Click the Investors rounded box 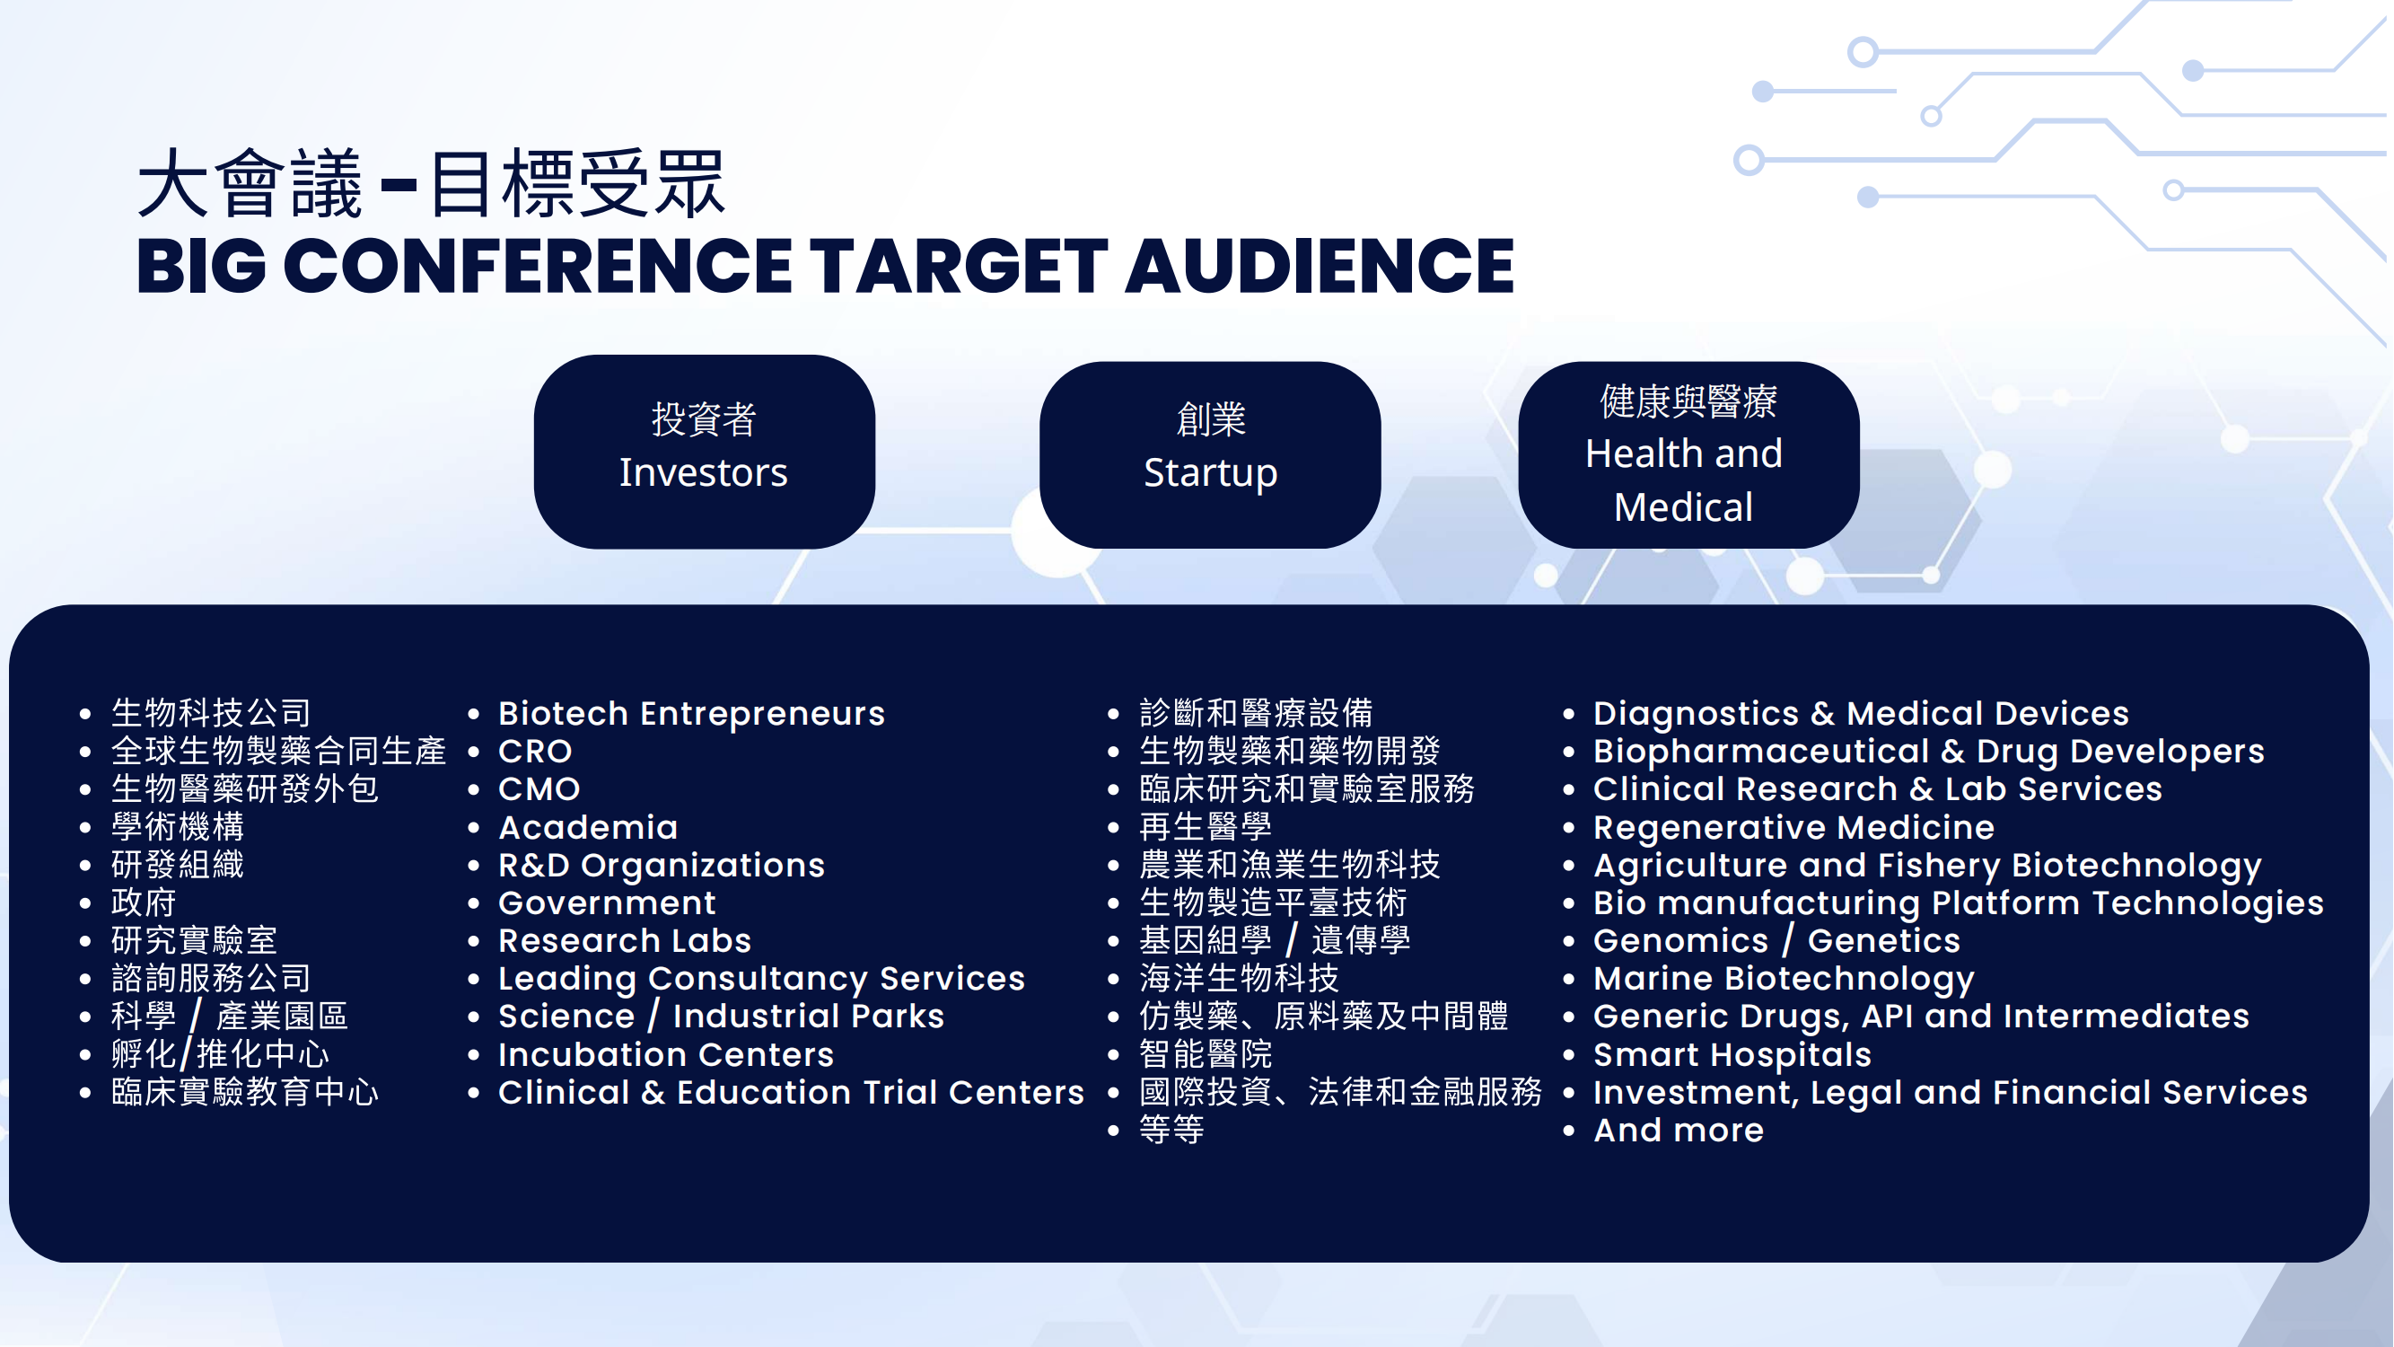click(705, 452)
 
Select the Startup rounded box click(1210, 454)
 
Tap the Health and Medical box click(1688, 454)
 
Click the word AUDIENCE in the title click(1320, 266)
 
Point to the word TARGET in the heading click(959, 266)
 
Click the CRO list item click(535, 751)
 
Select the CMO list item click(539, 789)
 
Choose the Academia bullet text click(588, 827)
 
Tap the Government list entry click(607, 902)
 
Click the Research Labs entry click(625, 941)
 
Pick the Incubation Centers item click(665, 1055)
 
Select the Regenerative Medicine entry click(1793, 827)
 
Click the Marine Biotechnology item click(1784, 979)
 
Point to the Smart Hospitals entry click(1732, 1055)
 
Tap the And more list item click(1679, 1131)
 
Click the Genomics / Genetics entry click(1777, 941)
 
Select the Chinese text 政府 click(143, 902)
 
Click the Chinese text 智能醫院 click(1206, 1054)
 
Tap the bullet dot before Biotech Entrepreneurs click(474, 714)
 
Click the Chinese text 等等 click(1172, 1131)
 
